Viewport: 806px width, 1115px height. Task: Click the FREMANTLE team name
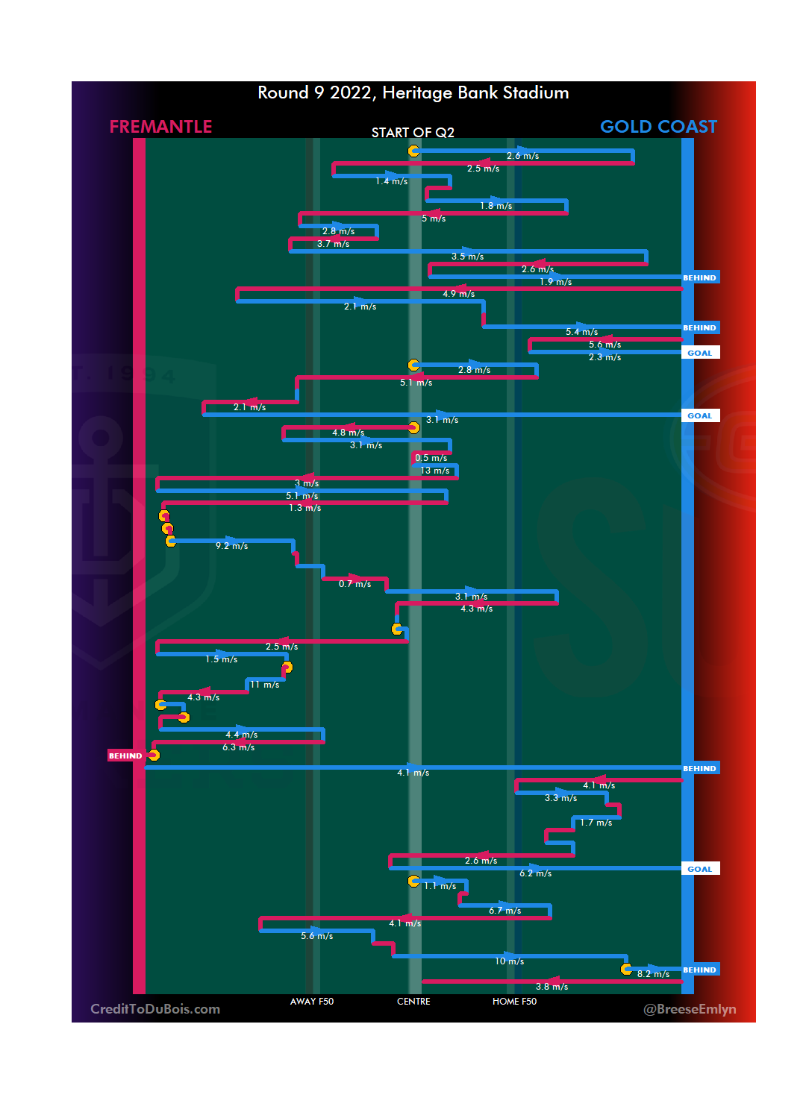pos(160,127)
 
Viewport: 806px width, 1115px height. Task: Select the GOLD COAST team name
pos(658,127)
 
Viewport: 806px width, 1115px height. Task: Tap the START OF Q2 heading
pos(413,133)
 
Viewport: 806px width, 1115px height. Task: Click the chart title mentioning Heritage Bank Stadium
pos(413,92)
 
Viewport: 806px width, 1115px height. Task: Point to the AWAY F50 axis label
pos(312,1002)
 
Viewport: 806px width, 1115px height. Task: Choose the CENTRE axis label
pos(413,1002)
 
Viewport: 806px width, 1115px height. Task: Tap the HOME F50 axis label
pos(514,1002)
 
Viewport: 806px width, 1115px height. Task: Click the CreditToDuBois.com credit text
pos(155,1009)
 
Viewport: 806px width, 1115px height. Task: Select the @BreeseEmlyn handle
pos(690,1009)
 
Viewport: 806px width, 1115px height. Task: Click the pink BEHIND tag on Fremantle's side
pos(125,756)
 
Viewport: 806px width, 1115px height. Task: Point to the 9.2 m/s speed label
pos(231,546)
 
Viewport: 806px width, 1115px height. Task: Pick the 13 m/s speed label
pos(435,471)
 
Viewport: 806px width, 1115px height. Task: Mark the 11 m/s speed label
pos(265,685)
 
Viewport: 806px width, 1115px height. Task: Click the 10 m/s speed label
pos(510,961)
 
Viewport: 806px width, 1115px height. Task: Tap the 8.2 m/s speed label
pos(653,974)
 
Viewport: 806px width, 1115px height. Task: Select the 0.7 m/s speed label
pos(354,584)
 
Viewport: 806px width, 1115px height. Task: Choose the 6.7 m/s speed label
pos(505,911)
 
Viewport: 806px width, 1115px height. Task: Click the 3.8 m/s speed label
pos(552,987)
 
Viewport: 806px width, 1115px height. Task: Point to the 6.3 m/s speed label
pos(239,747)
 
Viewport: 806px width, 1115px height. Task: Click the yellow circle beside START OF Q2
pos(413,151)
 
